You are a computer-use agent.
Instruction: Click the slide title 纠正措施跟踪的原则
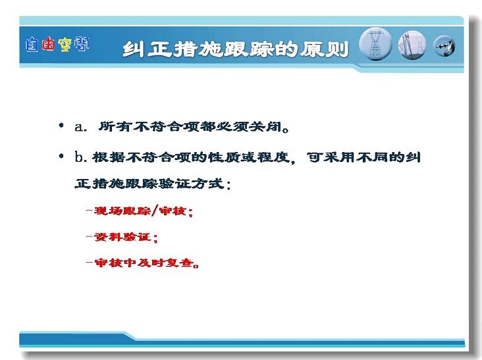coord(236,49)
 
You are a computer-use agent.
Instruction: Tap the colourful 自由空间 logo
coord(57,45)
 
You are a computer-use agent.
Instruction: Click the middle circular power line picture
coord(412,45)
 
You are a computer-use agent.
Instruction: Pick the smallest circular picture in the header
coord(444,46)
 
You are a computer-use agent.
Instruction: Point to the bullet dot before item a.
coord(61,125)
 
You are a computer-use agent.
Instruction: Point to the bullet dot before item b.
coord(61,156)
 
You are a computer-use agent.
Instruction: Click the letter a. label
coord(81,127)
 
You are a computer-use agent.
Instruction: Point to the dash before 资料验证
coord(90,237)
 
